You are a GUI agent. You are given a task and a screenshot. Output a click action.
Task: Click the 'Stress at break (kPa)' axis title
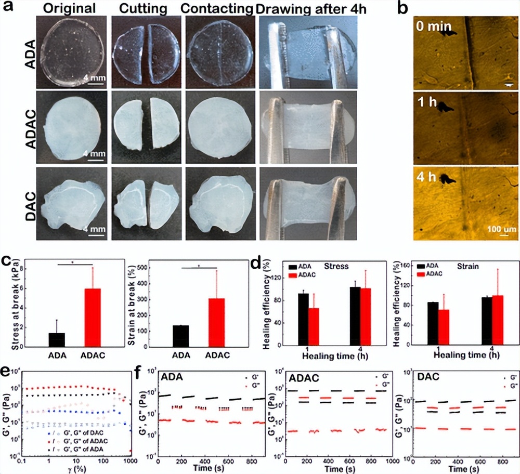click(7, 304)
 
